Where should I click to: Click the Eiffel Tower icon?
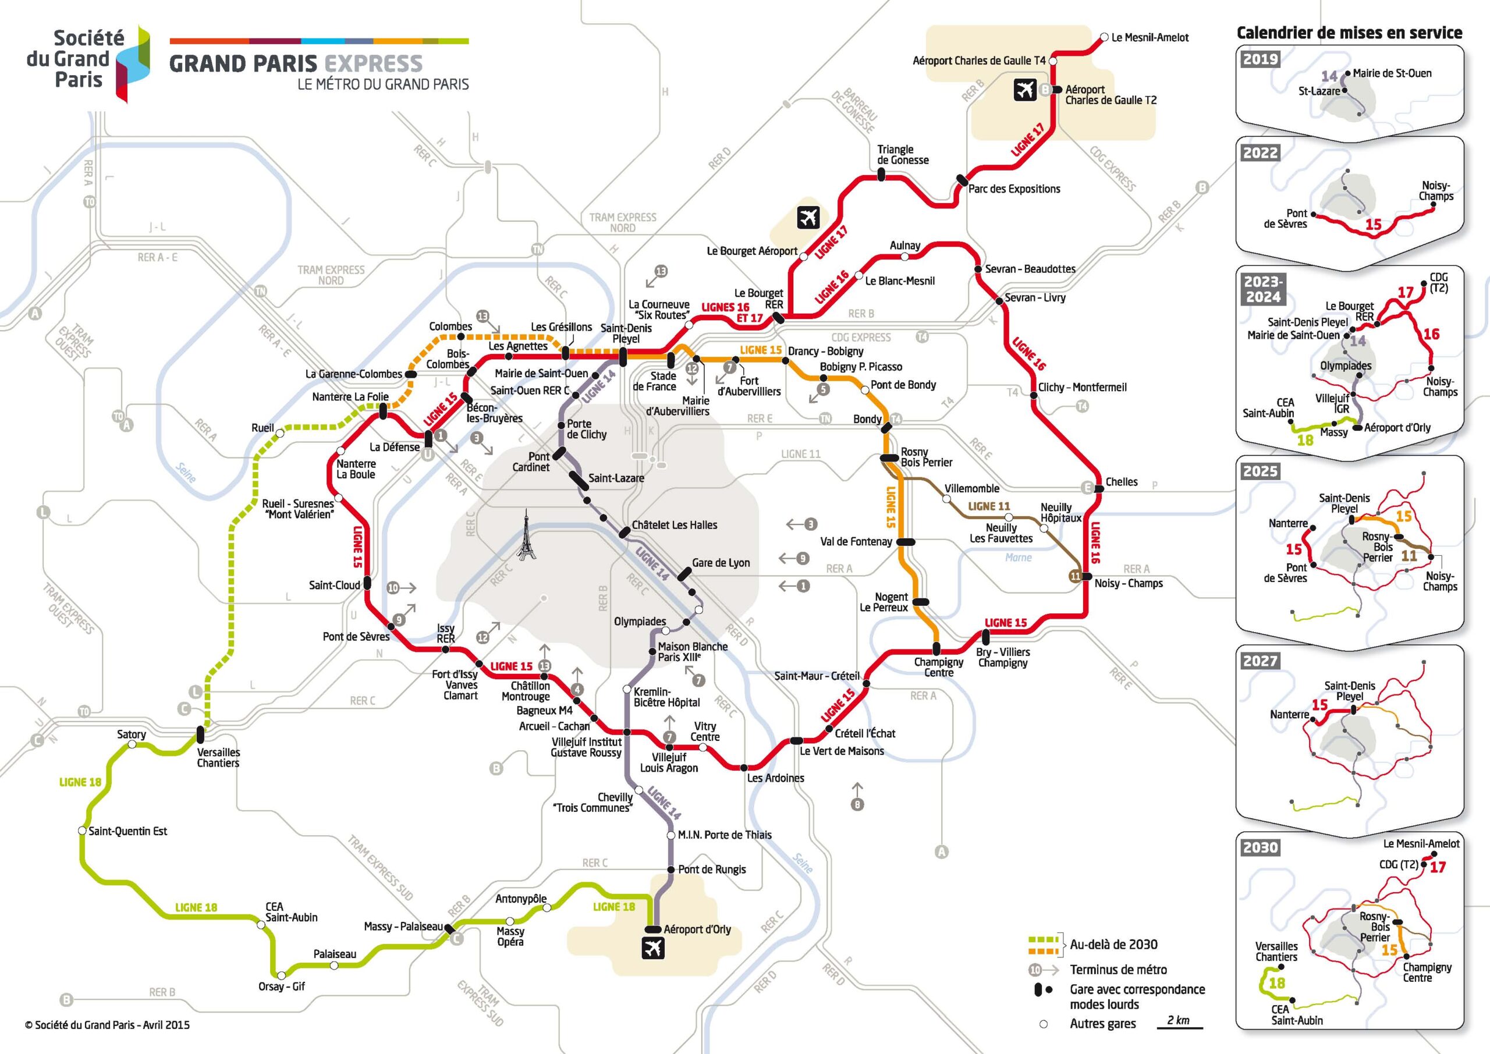(526, 535)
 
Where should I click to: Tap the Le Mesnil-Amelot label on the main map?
(1150, 38)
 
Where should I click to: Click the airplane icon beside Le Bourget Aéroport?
(808, 218)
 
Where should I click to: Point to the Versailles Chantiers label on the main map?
(218, 757)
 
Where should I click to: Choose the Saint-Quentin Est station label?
(128, 832)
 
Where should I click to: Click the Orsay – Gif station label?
(282, 986)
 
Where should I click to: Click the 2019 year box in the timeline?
(1260, 59)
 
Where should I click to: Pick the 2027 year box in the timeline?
(1260, 661)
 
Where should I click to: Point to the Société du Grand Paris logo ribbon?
(133, 63)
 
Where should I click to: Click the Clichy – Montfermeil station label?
(1082, 388)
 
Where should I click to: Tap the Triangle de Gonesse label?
(903, 154)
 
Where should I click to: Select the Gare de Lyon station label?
(721, 563)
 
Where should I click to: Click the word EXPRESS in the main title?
(373, 63)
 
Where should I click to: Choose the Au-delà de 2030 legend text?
(1113, 945)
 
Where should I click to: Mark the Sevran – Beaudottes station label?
(1030, 269)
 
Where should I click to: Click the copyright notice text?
(108, 1025)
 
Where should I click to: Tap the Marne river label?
(1018, 558)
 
